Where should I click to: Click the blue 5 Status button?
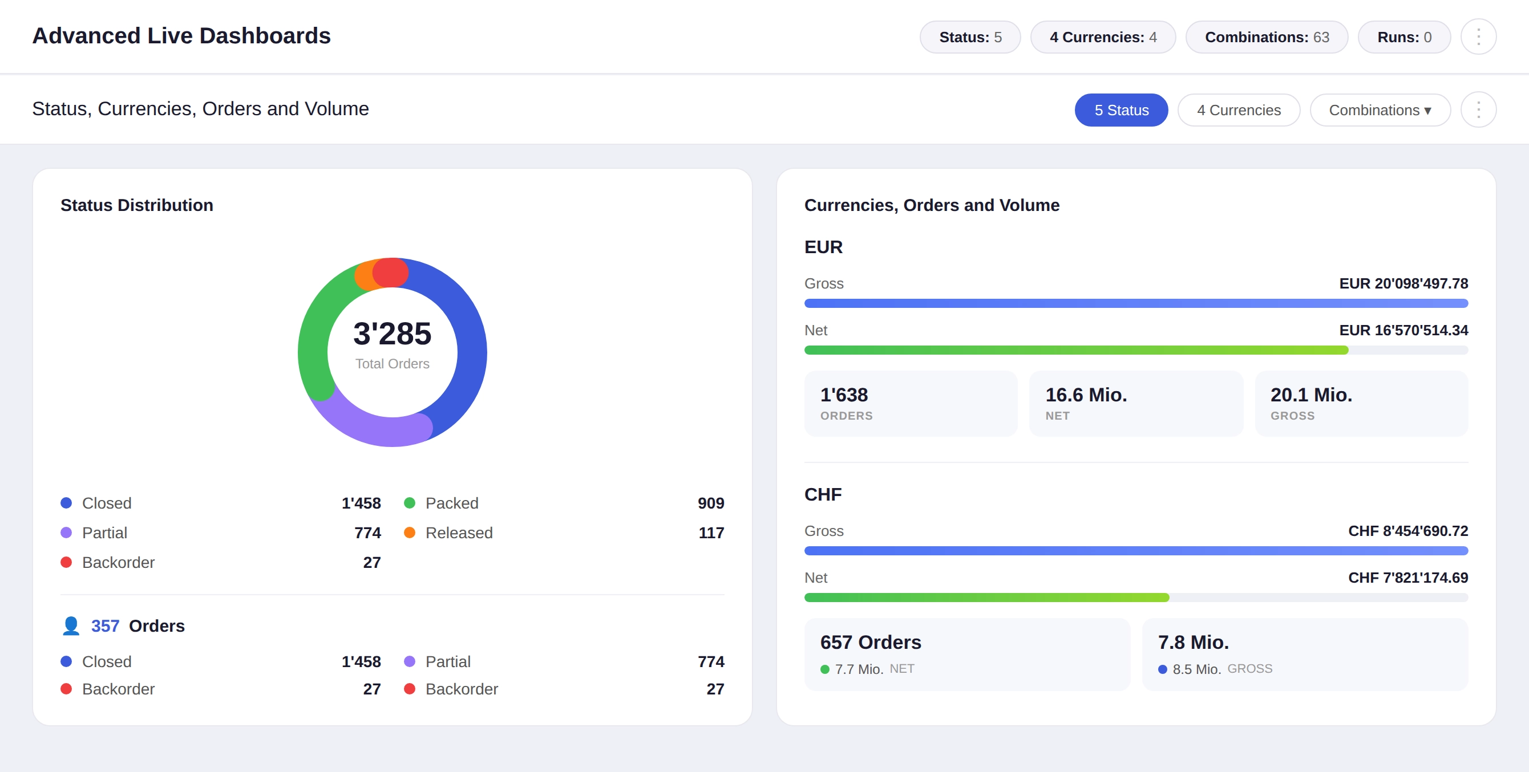[1121, 110]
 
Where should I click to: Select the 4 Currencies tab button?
[1238, 110]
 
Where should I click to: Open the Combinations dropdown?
[1380, 110]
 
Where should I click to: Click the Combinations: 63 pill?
[1266, 37]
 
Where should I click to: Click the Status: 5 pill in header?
[970, 37]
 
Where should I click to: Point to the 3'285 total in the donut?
[392, 334]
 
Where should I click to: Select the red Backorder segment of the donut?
[391, 273]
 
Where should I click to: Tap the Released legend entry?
[458, 533]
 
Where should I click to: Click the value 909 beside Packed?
[710, 503]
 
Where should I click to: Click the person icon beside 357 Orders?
[71, 625]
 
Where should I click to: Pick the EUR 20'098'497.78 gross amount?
[1403, 283]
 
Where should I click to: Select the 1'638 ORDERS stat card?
[910, 404]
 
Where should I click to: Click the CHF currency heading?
[823, 494]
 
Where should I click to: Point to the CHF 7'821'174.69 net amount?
[1407, 578]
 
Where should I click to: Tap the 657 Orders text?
[870, 642]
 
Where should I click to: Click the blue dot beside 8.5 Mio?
[1162, 669]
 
